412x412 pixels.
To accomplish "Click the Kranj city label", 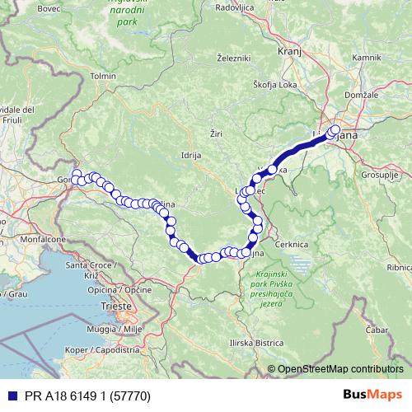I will (x=288, y=50).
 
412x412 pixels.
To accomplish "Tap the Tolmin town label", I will (x=104, y=76).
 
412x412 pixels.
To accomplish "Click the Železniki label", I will (x=233, y=59).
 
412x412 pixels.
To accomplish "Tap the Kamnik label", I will (x=365, y=59).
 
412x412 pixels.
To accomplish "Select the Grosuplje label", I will (x=379, y=176).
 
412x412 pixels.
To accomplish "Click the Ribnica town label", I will (x=399, y=267).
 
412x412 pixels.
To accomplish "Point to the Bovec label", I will (x=26, y=8).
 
